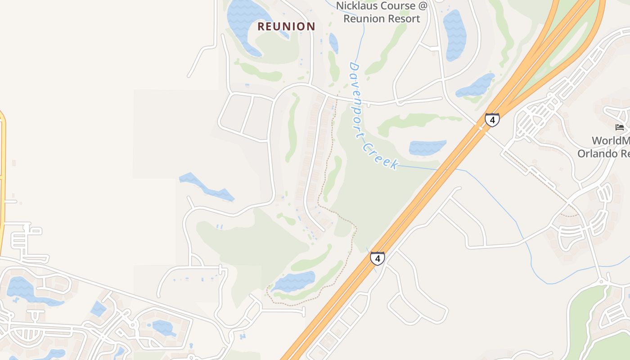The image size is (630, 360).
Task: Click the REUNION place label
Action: (x=286, y=27)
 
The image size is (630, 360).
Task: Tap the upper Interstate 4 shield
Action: (x=492, y=120)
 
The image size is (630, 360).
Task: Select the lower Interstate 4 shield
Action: (x=378, y=259)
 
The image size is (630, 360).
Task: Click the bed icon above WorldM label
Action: (x=620, y=127)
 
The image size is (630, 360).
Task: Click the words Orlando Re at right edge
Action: (x=603, y=153)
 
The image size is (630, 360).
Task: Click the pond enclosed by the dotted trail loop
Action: (x=295, y=281)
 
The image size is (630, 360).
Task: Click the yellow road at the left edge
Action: (x=2, y=180)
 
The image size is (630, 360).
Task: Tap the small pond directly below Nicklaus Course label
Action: (x=333, y=43)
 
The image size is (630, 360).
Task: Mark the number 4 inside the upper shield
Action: (x=492, y=120)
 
